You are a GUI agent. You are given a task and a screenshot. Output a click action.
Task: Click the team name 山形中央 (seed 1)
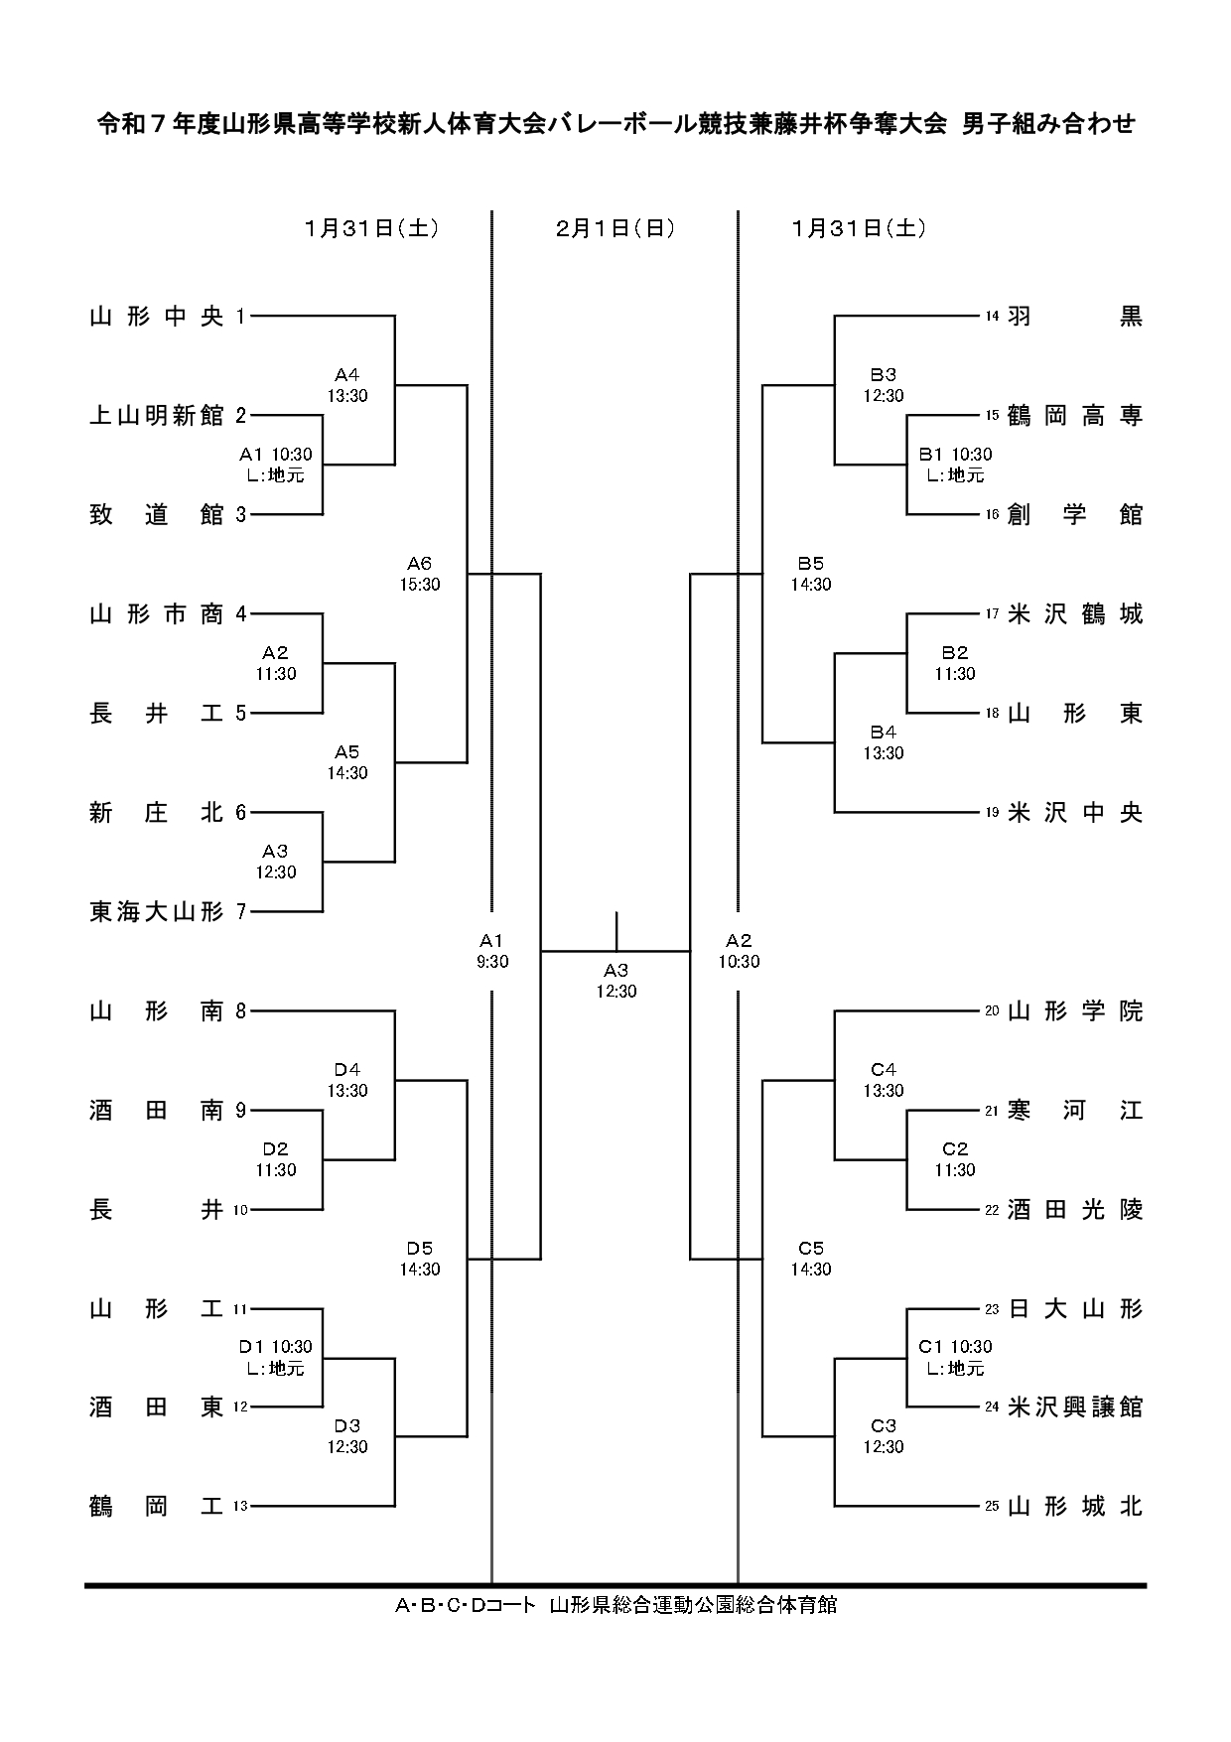point(157,317)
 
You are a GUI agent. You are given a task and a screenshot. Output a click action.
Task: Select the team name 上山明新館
point(157,416)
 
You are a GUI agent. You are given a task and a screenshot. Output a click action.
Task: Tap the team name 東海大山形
point(157,912)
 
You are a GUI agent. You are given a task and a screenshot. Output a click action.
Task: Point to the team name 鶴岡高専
point(1075,416)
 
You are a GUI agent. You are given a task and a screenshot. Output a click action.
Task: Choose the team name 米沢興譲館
point(1075,1407)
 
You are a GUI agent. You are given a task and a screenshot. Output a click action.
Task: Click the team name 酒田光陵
point(1075,1210)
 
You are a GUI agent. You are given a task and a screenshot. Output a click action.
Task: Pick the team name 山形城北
point(1075,1507)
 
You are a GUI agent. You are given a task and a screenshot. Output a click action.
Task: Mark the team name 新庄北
point(157,813)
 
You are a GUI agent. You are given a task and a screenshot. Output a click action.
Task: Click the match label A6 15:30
point(419,575)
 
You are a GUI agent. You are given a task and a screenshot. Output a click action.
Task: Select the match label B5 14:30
point(811,575)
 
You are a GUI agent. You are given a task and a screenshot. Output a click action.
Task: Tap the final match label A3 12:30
point(616,981)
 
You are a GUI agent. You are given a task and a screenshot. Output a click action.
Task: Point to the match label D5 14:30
point(419,1259)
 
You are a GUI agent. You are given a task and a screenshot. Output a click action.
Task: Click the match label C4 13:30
point(883,1080)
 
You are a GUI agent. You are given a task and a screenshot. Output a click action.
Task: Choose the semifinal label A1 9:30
point(492,951)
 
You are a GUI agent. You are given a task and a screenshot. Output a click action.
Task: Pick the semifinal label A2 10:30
point(739,951)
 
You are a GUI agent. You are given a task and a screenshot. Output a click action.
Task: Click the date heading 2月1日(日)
point(615,228)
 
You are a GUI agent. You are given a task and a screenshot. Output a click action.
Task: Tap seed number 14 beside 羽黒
point(992,317)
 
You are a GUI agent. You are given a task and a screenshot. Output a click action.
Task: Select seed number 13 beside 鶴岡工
point(240,1507)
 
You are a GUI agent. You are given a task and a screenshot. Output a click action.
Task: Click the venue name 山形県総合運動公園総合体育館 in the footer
point(693,1605)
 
